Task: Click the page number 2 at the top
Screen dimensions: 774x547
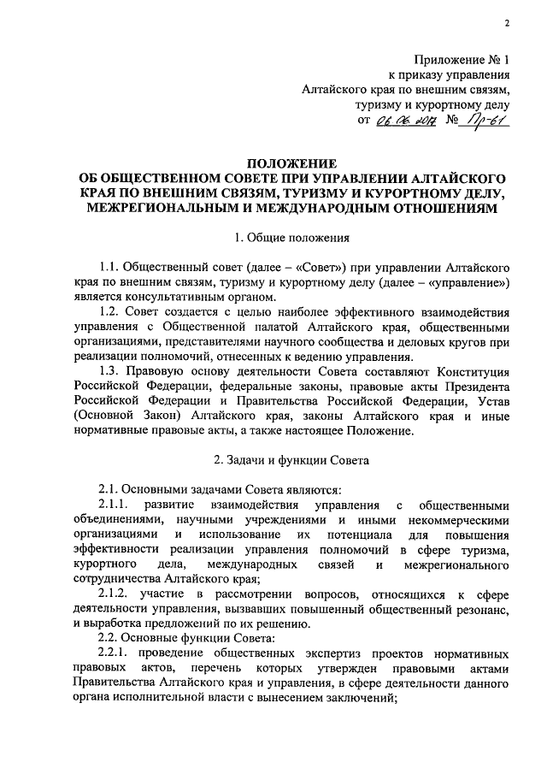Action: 507,22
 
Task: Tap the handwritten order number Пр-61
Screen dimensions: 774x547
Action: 485,121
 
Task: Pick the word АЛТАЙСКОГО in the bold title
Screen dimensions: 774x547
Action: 450,179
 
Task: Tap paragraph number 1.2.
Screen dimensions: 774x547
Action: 112,311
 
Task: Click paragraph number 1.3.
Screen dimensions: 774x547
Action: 112,371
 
